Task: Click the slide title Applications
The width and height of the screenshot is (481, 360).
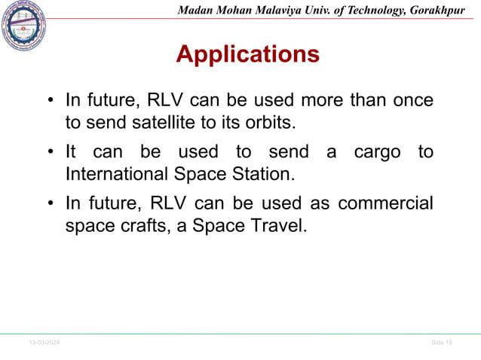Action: [247, 55]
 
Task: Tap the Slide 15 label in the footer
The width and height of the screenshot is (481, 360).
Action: [442, 343]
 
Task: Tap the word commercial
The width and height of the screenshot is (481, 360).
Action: [385, 204]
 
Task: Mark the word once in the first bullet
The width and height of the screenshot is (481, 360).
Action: [412, 99]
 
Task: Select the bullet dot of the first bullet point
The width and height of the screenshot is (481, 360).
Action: [50, 101]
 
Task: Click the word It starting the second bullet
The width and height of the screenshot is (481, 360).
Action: [72, 152]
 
